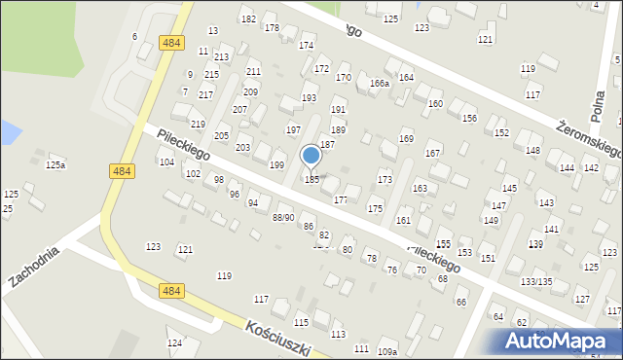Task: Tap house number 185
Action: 312,180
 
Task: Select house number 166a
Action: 380,84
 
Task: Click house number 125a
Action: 55,165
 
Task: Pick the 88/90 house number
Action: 283,217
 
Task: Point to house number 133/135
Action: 536,281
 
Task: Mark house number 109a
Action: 387,351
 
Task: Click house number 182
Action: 247,19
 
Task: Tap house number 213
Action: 222,57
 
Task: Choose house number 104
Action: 166,162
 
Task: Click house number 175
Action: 375,209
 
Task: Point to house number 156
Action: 469,119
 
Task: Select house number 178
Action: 272,28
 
